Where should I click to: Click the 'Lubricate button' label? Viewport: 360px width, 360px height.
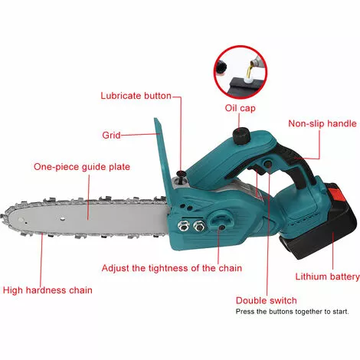[136, 96]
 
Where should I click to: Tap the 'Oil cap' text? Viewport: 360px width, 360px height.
[240, 108]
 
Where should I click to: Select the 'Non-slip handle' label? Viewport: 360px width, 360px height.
[322, 123]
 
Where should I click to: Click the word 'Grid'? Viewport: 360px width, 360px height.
[111, 135]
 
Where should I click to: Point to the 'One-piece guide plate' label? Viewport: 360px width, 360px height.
[82, 167]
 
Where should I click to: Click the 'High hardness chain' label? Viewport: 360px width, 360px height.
[47, 290]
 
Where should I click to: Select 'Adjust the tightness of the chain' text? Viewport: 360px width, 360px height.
[172, 268]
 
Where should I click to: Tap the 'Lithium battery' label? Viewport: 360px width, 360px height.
[327, 277]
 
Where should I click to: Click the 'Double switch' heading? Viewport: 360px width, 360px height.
[267, 300]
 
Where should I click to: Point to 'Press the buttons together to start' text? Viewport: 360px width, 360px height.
[292, 312]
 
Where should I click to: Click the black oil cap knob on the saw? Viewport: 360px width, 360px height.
[241, 136]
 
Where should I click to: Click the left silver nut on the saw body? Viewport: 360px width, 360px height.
[183, 225]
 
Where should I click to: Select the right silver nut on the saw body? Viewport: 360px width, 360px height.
[199, 225]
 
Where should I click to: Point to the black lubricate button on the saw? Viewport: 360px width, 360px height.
[182, 174]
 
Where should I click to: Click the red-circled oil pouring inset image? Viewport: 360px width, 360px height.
[241, 72]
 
